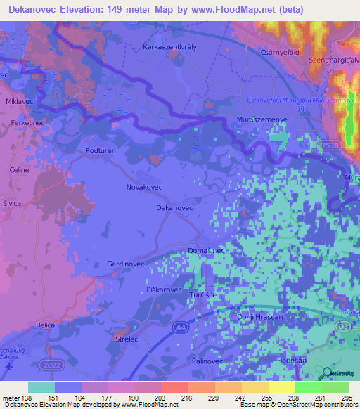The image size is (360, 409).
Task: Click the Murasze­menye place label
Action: point(259,120)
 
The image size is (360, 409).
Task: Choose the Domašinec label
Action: point(206,251)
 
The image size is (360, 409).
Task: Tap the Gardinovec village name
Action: point(125,264)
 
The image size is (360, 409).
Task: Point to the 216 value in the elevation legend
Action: point(188,398)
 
